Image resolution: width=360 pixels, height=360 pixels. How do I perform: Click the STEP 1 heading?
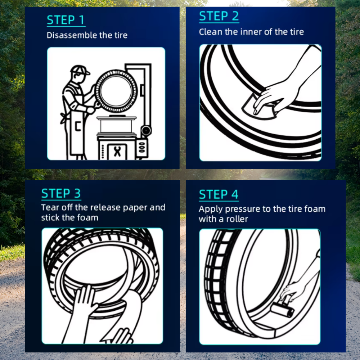(x=66, y=20)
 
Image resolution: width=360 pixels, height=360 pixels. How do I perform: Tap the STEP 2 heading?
(x=219, y=16)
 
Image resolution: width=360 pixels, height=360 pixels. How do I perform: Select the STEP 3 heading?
(x=61, y=193)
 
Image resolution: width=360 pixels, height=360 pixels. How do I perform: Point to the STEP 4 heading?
(x=219, y=194)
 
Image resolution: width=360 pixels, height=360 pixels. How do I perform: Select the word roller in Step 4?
(x=237, y=219)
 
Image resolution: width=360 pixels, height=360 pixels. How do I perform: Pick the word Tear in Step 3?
(x=50, y=207)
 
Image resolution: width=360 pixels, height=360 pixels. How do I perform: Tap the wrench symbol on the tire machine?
(x=117, y=152)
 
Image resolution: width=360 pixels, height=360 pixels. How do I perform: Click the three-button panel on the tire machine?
(x=142, y=147)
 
